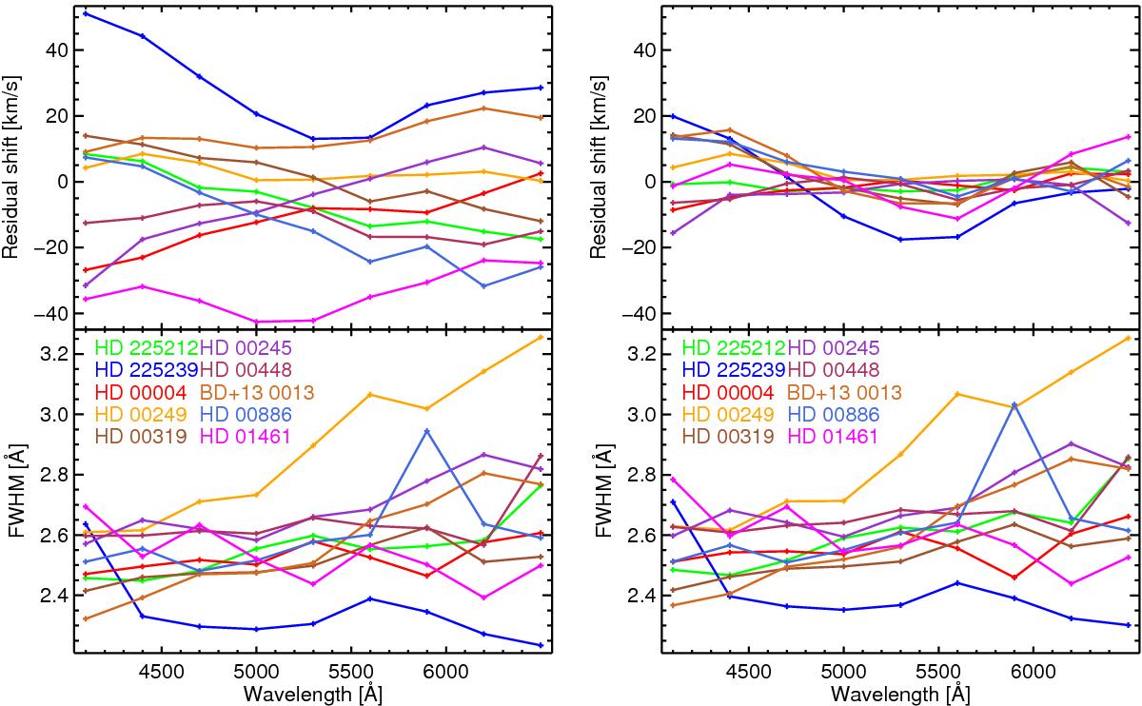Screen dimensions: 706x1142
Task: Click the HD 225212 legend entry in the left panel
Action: point(143,348)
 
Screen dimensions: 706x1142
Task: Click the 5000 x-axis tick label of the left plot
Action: point(256,670)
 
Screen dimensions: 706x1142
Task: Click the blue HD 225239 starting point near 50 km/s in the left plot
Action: point(86,13)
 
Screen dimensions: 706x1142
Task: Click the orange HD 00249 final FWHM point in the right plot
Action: point(1129,338)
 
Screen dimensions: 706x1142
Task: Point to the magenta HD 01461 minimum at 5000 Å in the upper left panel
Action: point(256,322)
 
